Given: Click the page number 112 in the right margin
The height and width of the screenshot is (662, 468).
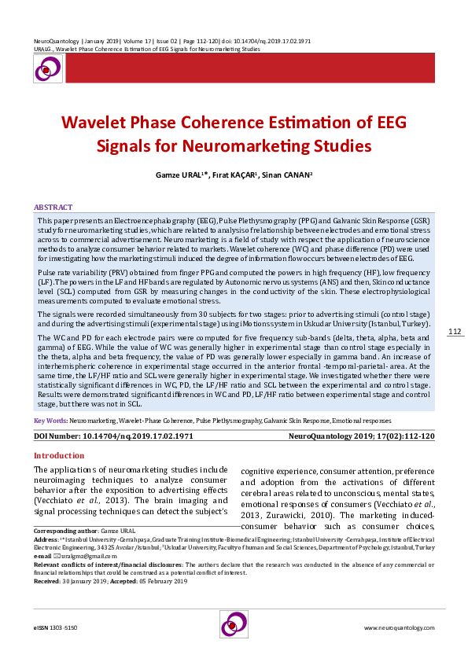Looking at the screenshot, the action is click(455, 354).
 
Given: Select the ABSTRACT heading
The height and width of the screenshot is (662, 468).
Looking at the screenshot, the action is click(53, 207).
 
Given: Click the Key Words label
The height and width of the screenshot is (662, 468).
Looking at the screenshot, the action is click(50, 421).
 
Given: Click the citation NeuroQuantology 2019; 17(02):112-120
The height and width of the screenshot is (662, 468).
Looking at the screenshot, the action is click(362, 435).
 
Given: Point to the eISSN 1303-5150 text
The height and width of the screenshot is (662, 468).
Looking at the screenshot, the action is click(55, 628).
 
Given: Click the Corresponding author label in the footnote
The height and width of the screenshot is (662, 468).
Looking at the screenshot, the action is click(65, 532).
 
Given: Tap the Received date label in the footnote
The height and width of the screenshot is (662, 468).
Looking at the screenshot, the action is click(47, 581).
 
